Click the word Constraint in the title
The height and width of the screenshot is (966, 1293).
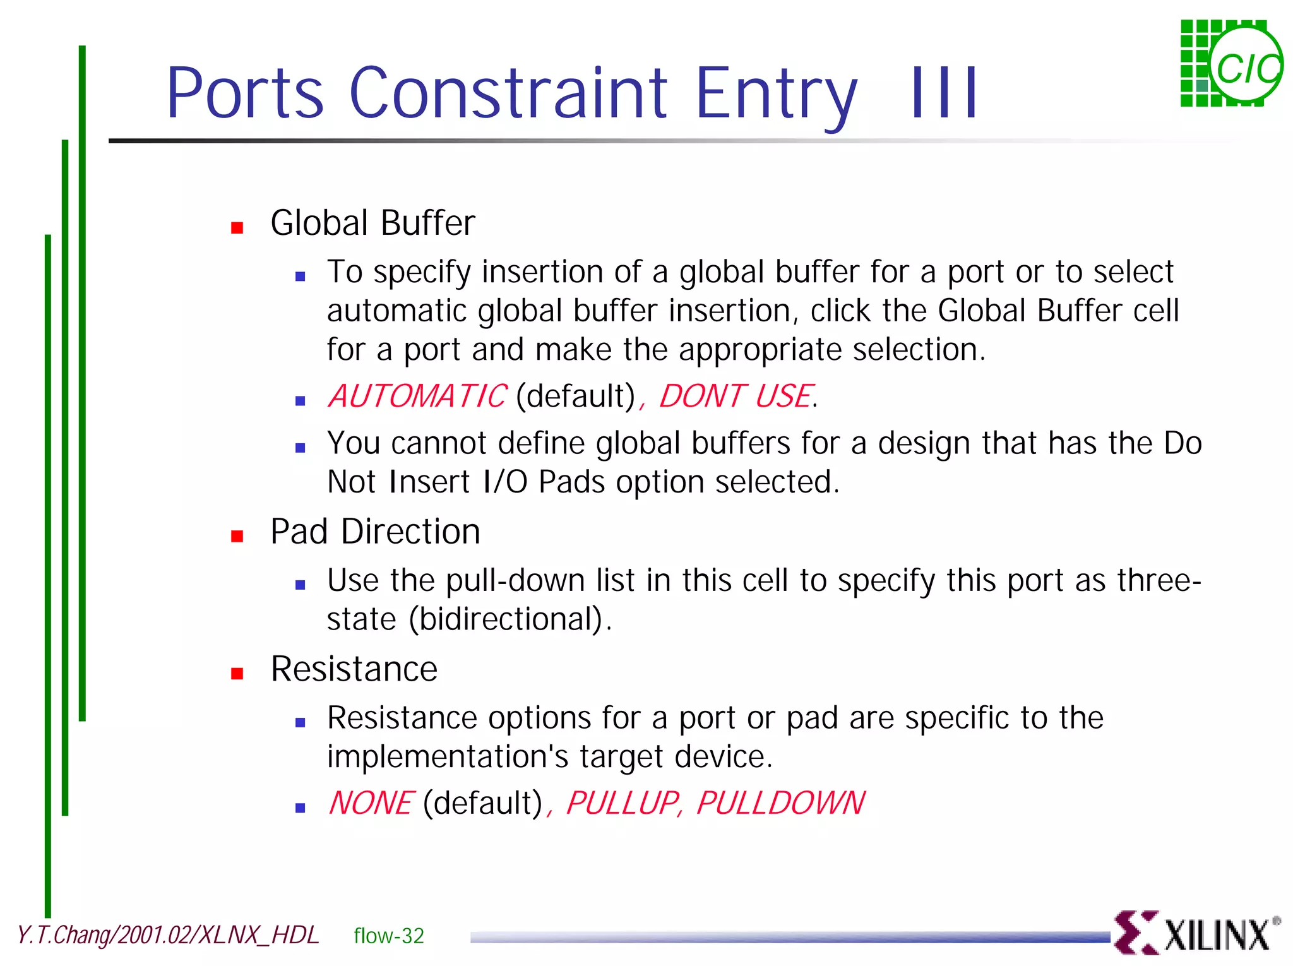[508, 93]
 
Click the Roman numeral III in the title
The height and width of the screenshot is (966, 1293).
[944, 93]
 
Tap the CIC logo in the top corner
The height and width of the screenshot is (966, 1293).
[1231, 64]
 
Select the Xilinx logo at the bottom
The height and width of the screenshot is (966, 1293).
[1196, 933]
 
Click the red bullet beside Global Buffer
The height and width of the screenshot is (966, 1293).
[237, 228]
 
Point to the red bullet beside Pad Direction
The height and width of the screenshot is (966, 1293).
[237, 536]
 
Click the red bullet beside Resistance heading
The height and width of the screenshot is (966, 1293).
[237, 674]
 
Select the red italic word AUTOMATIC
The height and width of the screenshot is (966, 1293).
[417, 397]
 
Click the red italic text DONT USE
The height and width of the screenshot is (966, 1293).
[735, 397]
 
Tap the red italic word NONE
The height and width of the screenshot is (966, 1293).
[371, 803]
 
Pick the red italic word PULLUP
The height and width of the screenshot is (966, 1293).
[623, 803]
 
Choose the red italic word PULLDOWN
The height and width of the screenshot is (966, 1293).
[780, 803]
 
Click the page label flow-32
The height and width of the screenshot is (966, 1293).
[389, 936]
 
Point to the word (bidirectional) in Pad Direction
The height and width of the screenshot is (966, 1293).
[509, 619]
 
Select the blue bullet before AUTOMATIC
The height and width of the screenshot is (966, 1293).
[301, 401]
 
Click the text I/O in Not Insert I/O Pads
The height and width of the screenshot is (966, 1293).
[505, 482]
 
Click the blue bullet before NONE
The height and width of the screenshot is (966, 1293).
[301, 808]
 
